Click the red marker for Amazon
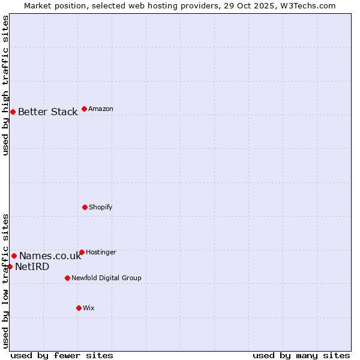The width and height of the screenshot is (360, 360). point(84,109)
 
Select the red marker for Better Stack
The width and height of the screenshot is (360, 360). point(13,112)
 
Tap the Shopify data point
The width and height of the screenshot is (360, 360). point(85,207)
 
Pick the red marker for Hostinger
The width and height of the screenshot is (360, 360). point(82,252)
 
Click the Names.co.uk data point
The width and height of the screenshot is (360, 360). point(14,256)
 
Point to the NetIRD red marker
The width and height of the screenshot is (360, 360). point(10,266)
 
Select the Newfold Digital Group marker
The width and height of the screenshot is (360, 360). point(67,278)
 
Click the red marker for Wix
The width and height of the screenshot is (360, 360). point(79,308)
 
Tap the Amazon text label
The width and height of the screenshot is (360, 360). point(101,109)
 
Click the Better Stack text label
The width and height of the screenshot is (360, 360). point(47,112)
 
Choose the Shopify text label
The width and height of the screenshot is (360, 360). point(101,207)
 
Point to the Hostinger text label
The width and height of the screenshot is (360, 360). point(101,252)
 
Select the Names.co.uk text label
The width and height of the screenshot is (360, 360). point(50,256)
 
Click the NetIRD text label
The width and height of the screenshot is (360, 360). point(32,267)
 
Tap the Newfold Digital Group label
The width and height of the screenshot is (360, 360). point(106,278)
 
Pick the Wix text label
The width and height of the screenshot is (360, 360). point(89,308)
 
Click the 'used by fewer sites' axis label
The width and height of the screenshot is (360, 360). point(62,355)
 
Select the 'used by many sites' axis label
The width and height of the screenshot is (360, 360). point(301,355)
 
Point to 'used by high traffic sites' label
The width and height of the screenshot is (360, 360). point(5,85)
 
